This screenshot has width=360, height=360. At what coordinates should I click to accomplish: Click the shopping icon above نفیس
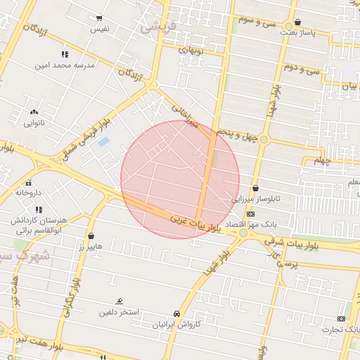click(98, 18)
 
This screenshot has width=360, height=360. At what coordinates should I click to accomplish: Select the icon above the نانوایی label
click(34, 112)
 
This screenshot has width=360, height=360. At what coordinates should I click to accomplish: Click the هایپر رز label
click(90, 247)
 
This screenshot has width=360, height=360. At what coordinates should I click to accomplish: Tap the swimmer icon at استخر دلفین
click(119, 300)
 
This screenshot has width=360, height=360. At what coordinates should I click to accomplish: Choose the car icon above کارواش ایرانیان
click(176, 314)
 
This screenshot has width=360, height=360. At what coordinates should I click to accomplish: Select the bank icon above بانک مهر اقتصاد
click(250, 213)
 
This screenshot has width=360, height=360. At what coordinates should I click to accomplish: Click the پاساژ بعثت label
click(300, 32)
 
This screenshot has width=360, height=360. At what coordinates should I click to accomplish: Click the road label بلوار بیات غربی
click(196, 224)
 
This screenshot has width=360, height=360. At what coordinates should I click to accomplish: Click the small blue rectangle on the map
click(103, 142)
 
